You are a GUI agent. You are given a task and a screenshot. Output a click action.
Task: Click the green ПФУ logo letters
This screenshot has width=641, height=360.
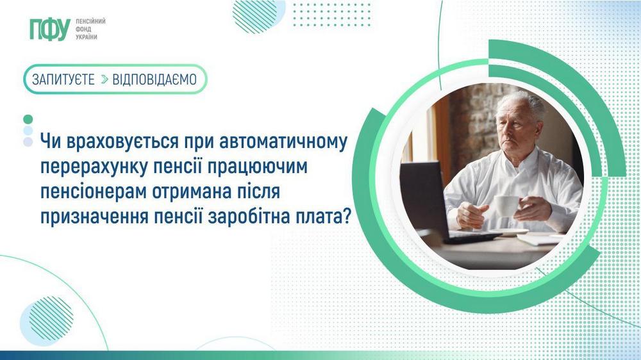pyautogui.click(x=49, y=29)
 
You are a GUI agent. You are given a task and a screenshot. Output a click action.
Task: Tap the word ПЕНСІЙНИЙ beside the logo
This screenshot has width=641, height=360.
pyautogui.click(x=90, y=21)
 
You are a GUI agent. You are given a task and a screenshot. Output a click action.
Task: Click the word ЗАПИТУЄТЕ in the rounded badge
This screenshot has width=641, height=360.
pyautogui.click(x=63, y=79)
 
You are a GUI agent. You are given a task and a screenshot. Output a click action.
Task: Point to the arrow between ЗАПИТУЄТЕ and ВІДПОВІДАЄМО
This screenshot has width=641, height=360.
pyautogui.click(x=104, y=79)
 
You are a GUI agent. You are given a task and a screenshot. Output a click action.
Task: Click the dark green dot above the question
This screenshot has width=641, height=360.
pyautogui.click(x=28, y=119)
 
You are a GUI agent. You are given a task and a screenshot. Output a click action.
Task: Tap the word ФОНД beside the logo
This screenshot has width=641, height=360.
pyautogui.click(x=83, y=29)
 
